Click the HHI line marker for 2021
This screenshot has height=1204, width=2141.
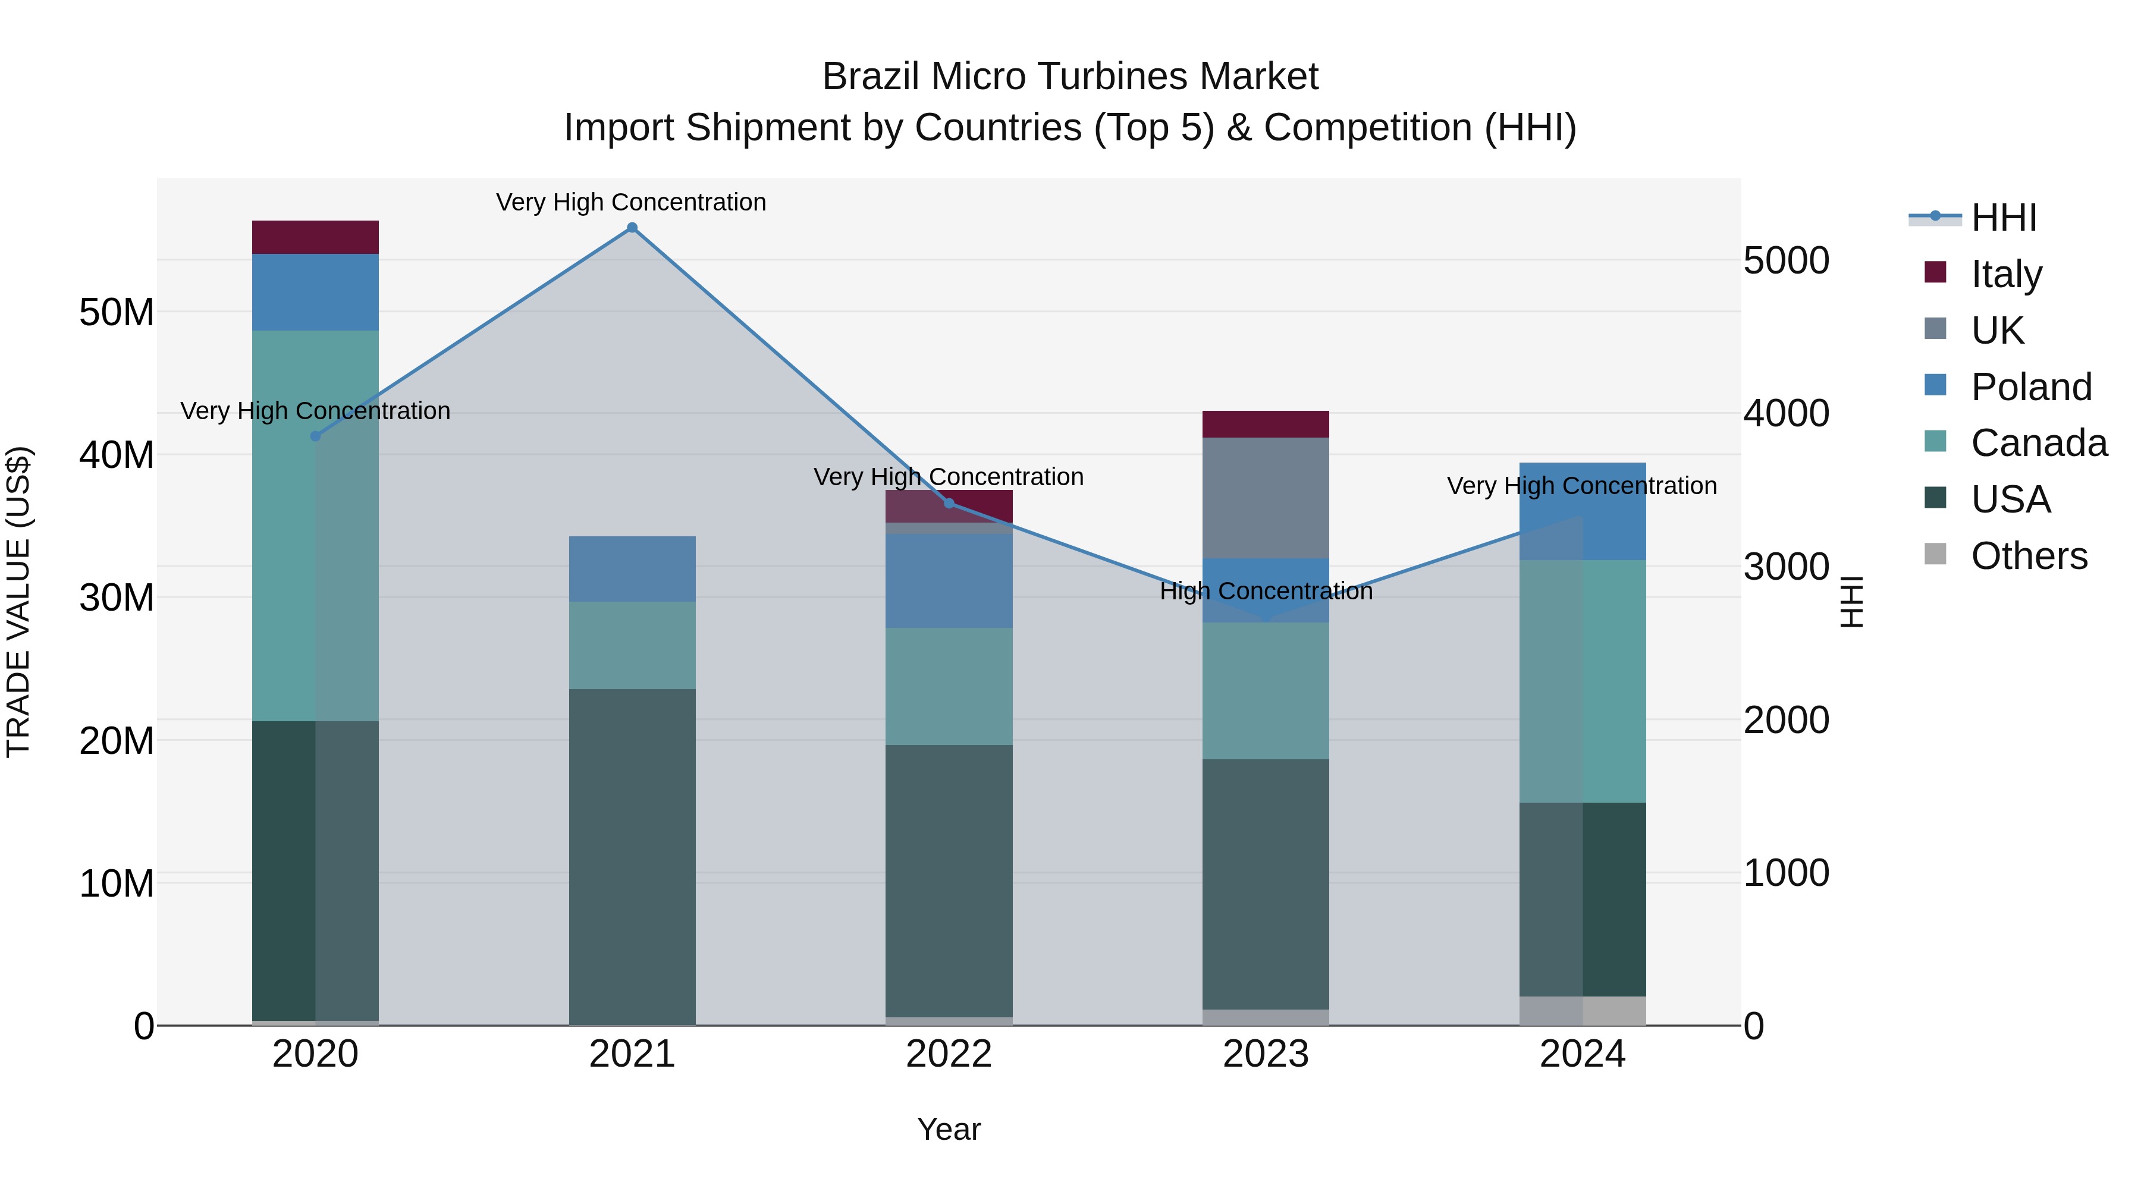[x=632, y=228]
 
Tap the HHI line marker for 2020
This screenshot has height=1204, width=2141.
[x=315, y=436]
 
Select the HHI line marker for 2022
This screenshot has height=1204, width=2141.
[x=949, y=504]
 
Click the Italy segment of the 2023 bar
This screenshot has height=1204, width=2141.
[x=1265, y=424]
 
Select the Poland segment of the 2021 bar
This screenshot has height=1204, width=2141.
[x=632, y=568]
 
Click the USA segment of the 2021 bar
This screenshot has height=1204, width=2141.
[x=632, y=856]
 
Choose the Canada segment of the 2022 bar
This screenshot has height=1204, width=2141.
[x=949, y=686]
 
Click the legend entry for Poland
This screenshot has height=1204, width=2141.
[x=2030, y=387]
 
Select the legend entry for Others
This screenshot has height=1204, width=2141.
[x=2028, y=556]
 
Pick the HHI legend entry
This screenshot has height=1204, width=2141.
[x=2003, y=218]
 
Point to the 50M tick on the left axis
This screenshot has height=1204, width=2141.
[x=117, y=312]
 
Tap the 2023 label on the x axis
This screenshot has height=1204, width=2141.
[x=1265, y=1054]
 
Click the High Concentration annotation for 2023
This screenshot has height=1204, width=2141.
[x=1265, y=592]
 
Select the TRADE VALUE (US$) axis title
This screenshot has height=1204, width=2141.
[x=18, y=602]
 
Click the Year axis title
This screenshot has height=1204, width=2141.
[x=949, y=1129]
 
